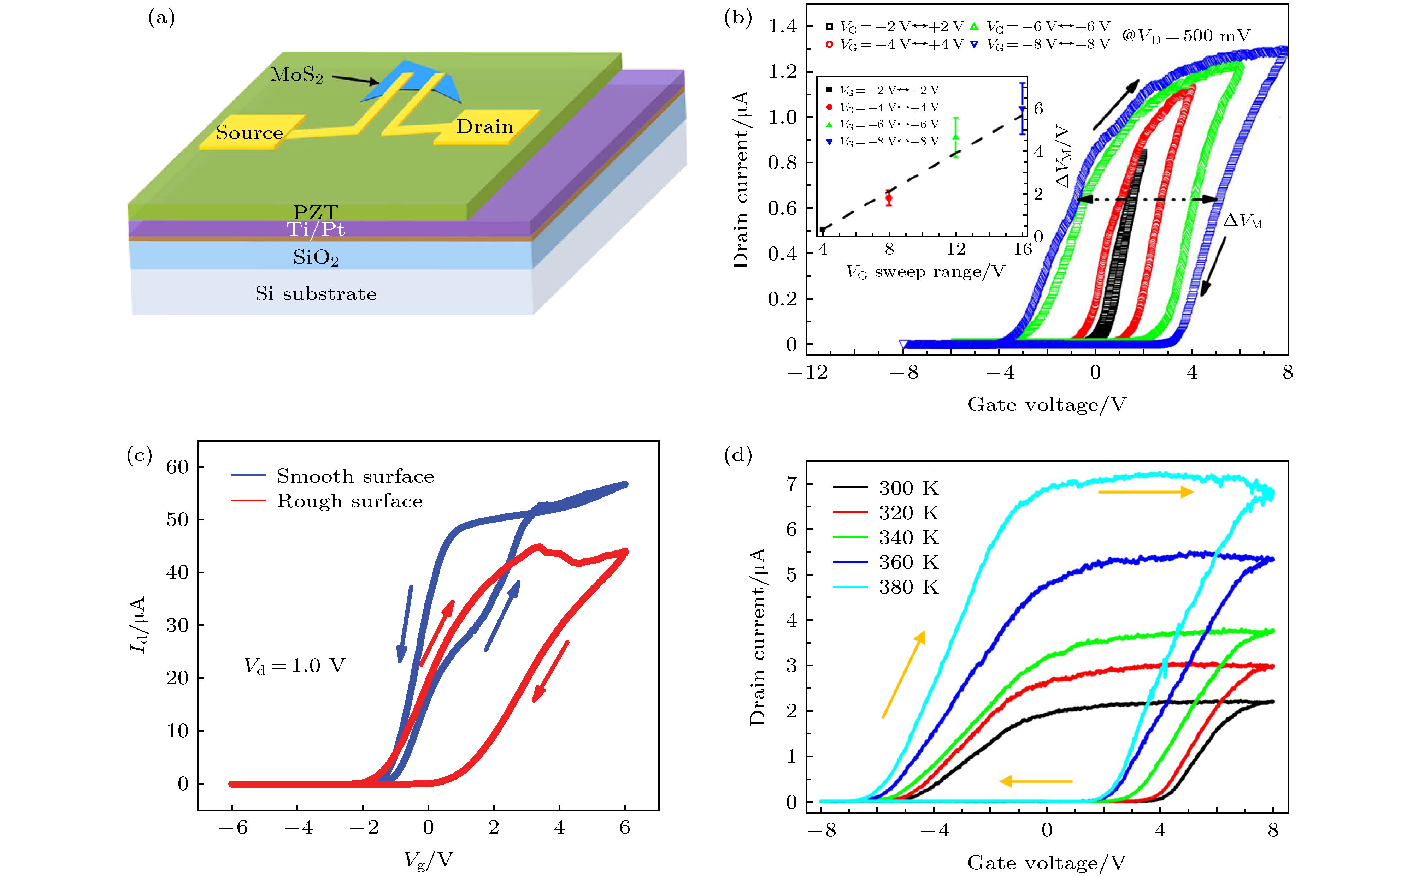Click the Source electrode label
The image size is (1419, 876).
(249, 133)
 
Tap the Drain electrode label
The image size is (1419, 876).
(484, 126)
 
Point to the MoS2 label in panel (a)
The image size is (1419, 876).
(296, 75)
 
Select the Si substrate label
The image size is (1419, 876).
(316, 294)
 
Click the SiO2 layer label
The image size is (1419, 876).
(315, 257)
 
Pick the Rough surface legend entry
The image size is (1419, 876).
(349, 501)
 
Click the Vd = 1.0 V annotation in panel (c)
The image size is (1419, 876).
(294, 666)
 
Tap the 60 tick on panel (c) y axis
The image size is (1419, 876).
(177, 467)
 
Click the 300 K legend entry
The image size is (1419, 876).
(908, 488)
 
